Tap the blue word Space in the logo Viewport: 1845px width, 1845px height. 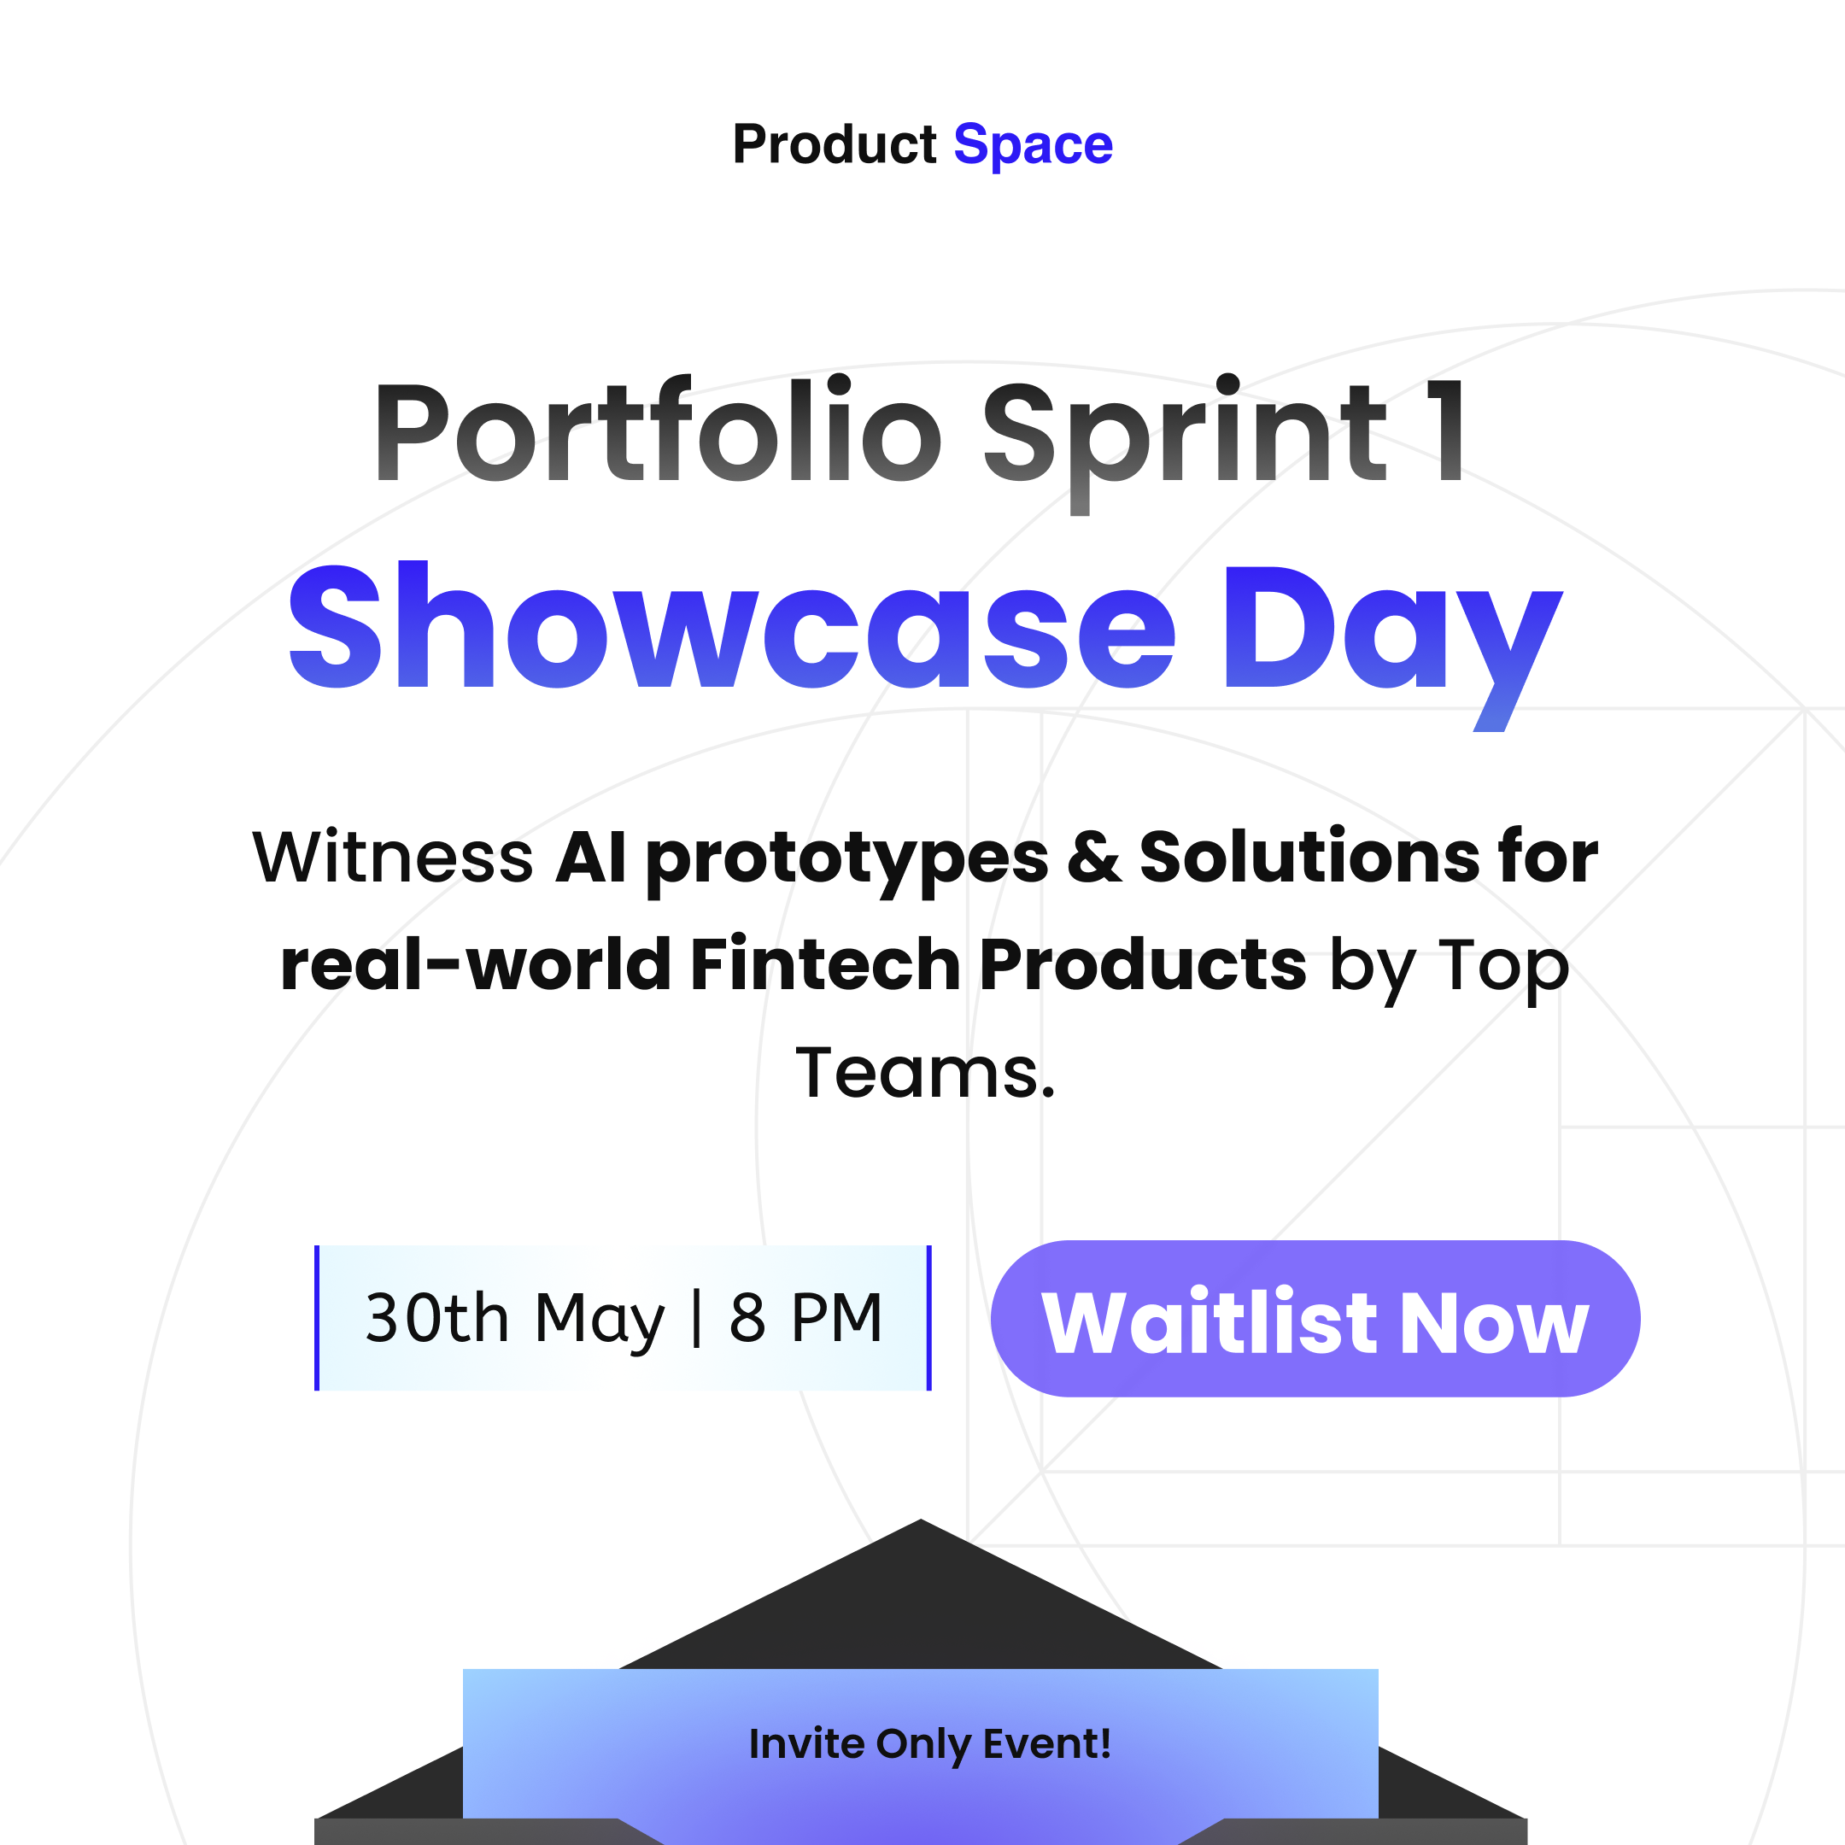[1034, 146]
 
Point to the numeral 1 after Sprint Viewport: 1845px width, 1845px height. [1446, 430]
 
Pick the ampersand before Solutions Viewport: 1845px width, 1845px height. [1094, 857]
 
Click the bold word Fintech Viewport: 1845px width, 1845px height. [825, 963]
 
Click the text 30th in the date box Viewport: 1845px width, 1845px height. [437, 1318]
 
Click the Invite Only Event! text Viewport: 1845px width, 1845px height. [930, 1743]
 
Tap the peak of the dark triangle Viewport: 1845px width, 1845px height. [921, 1520]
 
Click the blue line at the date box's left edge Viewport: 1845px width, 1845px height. [317, 1318]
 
